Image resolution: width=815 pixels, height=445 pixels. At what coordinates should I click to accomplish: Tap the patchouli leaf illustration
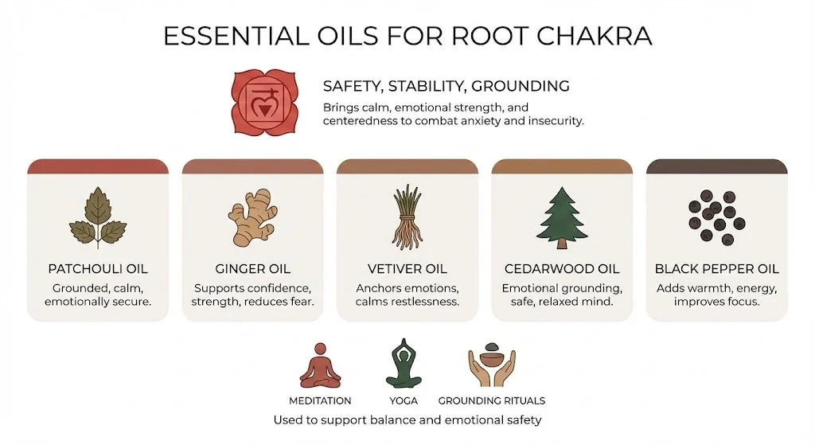point(98,217)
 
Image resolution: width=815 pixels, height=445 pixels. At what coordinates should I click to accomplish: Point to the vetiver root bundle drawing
point(407,217)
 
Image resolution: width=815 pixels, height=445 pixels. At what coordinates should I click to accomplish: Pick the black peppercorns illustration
point(716,216)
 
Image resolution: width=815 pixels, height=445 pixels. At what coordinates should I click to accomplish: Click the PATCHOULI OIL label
point(98,269)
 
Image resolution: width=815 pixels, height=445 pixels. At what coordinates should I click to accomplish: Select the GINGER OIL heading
point(252,269)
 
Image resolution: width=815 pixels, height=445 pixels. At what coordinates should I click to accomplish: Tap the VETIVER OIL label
point(407,269)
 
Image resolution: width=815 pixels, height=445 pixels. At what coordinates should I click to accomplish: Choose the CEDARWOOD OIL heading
point(562,269)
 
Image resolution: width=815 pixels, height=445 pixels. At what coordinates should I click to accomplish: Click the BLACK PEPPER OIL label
point(716,269)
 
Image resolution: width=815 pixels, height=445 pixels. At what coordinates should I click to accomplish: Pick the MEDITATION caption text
point(320,400)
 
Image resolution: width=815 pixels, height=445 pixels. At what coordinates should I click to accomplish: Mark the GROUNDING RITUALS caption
point(491,400)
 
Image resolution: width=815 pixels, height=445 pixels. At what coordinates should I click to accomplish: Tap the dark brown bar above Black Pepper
point(716,166)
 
